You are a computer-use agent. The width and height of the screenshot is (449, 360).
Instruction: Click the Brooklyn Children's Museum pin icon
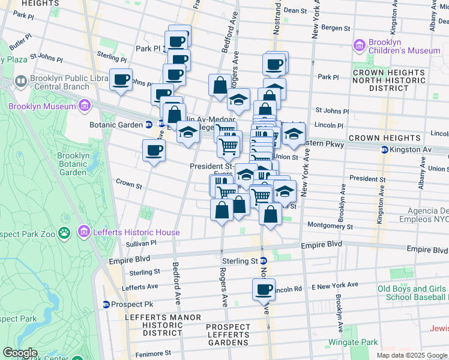(x=360, y=46)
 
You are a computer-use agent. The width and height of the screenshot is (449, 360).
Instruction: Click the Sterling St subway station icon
(x=263, y=261)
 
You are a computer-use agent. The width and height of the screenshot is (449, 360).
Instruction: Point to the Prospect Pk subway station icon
(x=106, y=304)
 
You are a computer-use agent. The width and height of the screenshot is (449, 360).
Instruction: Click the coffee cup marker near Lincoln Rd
(x=264, y=290)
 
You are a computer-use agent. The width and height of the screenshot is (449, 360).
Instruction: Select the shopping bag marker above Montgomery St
(x=271, y=214)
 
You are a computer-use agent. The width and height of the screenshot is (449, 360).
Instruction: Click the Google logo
(x=20, y=352)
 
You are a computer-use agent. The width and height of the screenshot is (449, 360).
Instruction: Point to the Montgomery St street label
(x=330, y=226)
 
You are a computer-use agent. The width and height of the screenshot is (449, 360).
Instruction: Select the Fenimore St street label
(x=158, y=353)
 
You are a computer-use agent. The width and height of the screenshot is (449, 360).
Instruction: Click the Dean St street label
(x=295, y=10)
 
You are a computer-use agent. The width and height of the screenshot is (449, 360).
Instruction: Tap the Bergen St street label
(x=336, y=28)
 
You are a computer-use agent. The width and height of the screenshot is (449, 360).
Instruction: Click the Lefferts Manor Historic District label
(x=154, y=325)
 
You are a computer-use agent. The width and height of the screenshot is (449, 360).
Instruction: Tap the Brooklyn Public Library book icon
(x=20, y=80)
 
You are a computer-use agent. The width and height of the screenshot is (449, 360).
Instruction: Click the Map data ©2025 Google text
(x=411, y=355)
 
